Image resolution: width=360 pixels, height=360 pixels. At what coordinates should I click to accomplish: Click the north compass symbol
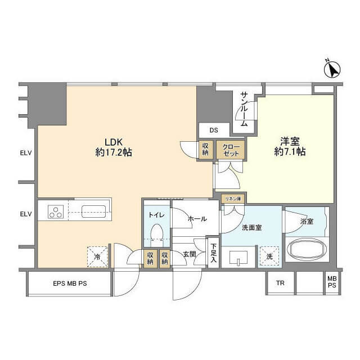click(x=332, y=69)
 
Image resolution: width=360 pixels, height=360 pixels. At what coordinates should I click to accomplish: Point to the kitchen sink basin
click(x=93, y=211)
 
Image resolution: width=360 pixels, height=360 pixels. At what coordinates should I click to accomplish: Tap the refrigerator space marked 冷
click(x=97, y=256)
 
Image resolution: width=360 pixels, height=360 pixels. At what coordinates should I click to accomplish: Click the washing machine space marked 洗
click(x=269, y=256)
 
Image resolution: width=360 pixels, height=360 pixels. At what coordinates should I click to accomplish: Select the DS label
click(x=214, y=130)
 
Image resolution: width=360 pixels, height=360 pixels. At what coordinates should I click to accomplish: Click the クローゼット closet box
click(x=231, y=150)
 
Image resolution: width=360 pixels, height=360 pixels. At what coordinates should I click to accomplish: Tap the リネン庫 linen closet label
click(x=233, y=199)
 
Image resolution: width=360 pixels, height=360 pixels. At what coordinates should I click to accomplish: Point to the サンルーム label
click(x=244, y=109)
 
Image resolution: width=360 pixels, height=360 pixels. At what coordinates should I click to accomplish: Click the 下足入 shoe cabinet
click(x=214, y=253)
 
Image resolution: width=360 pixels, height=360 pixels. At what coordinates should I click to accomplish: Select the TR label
click(x=280, y=283)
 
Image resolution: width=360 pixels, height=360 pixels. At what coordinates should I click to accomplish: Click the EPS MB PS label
click(x=70, y=283)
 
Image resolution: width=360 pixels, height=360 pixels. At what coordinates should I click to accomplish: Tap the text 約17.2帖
click(x=114, y=152)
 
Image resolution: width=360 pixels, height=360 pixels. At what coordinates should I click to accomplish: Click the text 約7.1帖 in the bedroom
click(x=290, y=152)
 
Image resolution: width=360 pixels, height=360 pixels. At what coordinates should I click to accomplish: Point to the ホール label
click(x=197, y=219)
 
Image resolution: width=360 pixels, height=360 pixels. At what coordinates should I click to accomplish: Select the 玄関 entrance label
click(x=190, y=254)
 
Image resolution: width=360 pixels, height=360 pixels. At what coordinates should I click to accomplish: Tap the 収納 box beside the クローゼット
click(x=205, y=149)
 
